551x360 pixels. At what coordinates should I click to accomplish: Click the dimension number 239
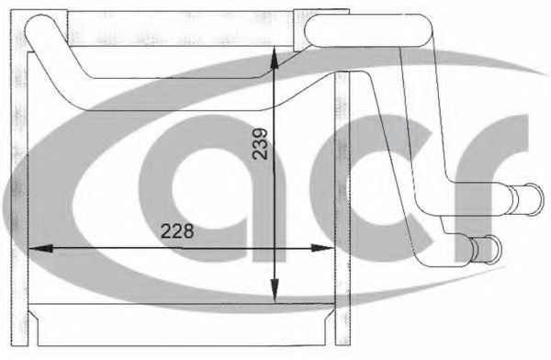260,144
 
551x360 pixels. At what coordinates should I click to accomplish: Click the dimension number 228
177,231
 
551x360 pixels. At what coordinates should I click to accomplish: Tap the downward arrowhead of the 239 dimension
275,291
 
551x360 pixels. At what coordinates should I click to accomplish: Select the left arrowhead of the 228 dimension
40,248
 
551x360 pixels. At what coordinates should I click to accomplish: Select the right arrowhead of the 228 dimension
322,248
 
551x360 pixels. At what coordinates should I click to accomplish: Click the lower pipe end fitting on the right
485,249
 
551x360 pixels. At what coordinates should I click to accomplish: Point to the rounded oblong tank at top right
369,30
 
